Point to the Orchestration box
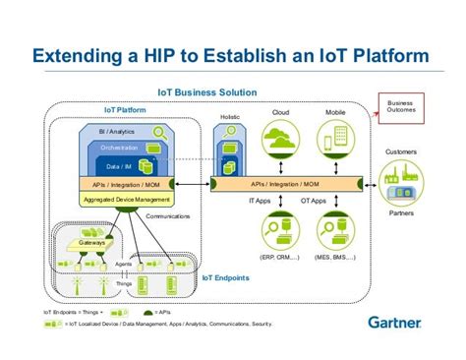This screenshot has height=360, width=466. (x=120, y=148)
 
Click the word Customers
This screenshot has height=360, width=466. (x=401, y=152)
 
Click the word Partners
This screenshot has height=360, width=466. (x=401, y=212)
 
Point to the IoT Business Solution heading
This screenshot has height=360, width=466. (x=207, y=92)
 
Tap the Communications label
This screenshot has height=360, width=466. (x=168, y=216)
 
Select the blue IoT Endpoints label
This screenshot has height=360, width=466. (x=225, y=277)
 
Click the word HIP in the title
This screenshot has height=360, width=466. (x=158, y=55)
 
